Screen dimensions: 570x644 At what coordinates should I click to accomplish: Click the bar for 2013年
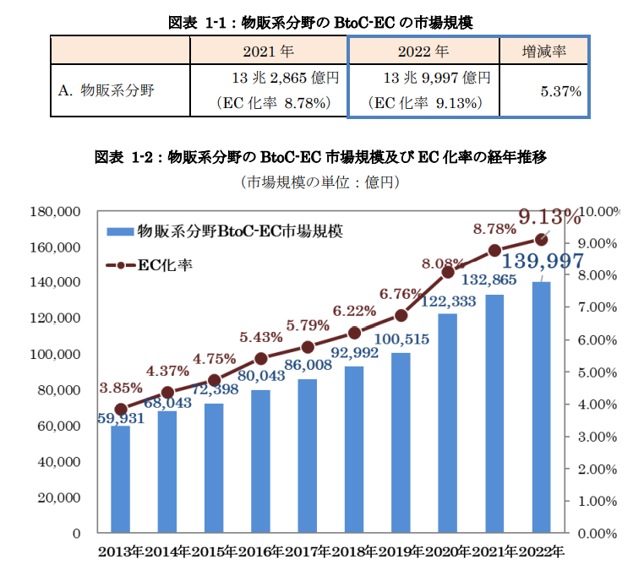pos(121,480)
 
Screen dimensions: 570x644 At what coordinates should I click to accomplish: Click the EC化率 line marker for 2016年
pos(261,358)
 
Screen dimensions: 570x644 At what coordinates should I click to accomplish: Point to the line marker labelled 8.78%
pos(495,250)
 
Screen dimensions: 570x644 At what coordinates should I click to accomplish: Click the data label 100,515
pos(402,339)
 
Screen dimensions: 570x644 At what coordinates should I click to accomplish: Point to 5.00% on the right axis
pos(602,372)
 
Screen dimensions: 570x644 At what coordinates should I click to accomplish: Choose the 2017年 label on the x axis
pos(308,553)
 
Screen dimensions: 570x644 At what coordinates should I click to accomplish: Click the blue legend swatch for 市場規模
pos(120,231)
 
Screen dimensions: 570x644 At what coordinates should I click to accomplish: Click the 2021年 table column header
pos(268,52)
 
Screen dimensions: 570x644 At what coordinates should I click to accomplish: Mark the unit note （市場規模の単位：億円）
pos(320,182)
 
